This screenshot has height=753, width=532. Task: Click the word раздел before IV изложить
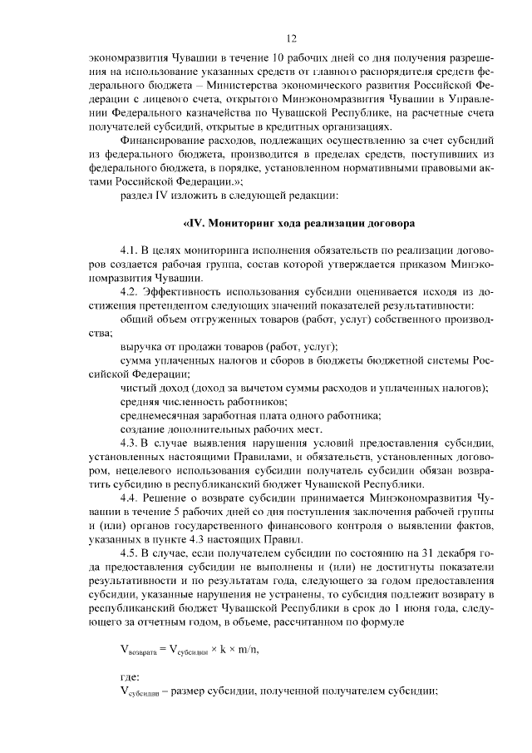(x=137, y=196)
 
